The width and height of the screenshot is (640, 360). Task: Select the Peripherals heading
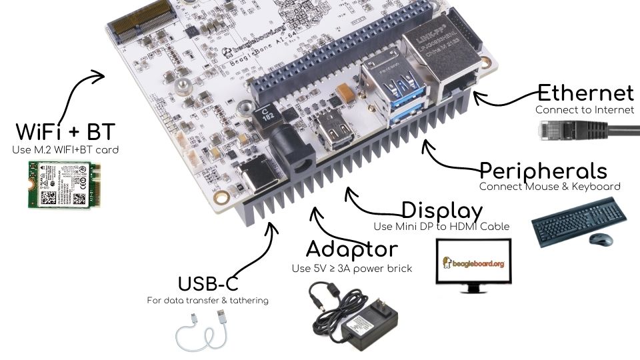coord(543,171)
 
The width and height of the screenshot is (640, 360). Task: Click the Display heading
coord(441,211)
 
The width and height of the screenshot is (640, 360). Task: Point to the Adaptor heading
coord(351,249)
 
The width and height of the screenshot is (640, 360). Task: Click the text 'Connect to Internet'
coord(584,109)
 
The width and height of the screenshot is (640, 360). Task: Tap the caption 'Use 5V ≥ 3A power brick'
coord(352,269)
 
